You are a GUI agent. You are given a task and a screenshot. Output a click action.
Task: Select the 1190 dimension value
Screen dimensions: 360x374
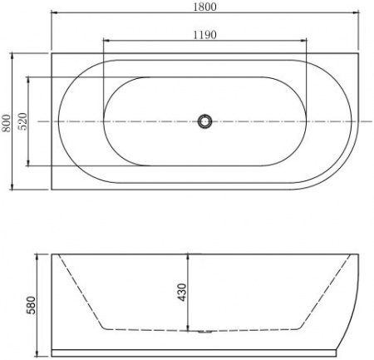coord(204,34)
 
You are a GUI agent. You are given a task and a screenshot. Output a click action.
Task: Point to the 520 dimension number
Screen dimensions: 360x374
coord(23,122)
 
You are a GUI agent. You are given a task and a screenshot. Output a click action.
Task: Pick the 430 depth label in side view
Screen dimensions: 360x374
coord(183,291)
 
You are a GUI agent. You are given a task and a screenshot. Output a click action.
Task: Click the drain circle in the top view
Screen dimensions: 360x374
coord(204,122)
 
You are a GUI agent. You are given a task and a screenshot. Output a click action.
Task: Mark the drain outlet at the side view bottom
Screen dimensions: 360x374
coord(204,332)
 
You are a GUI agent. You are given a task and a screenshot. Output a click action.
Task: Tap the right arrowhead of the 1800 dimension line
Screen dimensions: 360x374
coord(355,14)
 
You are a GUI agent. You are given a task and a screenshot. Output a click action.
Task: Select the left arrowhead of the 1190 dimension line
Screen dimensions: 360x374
coord(105,41)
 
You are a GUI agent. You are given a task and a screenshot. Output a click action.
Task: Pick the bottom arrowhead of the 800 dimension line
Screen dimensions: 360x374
coord(14,187)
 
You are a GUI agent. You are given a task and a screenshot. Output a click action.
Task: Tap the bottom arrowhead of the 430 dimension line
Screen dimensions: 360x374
coord(190,328)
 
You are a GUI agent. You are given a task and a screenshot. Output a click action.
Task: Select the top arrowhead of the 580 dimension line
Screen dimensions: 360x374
coord(39,251)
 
